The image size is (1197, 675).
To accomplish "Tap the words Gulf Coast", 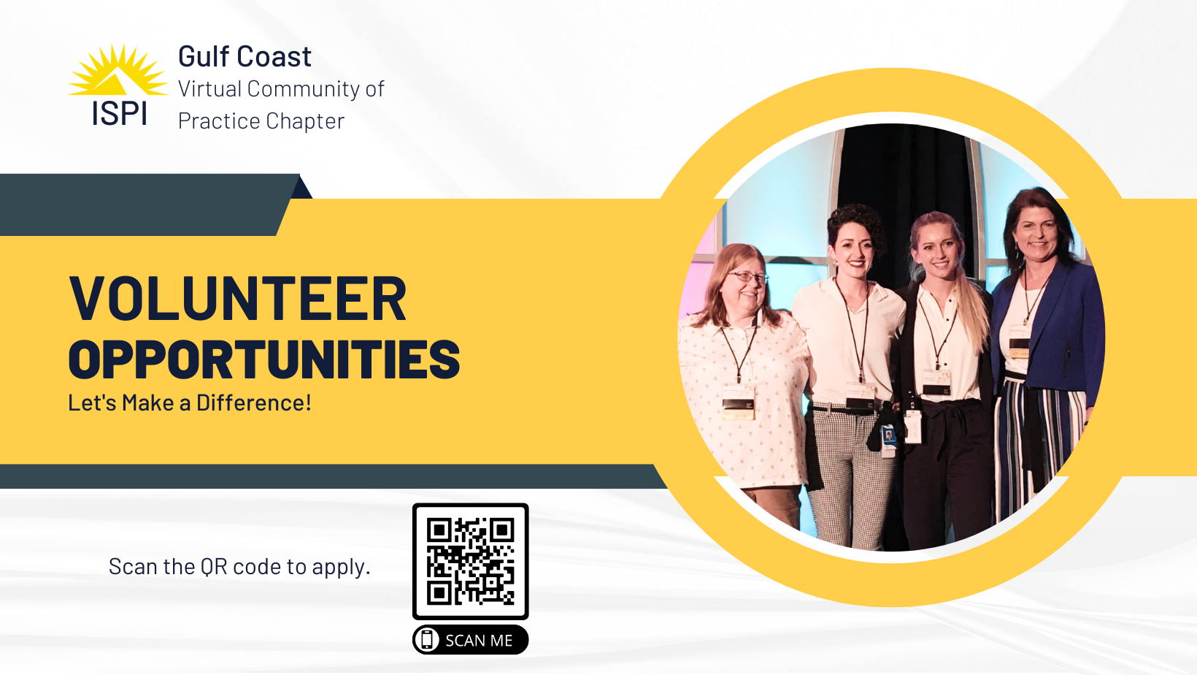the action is (245, 57).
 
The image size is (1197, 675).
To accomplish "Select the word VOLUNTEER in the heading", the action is (238, 299).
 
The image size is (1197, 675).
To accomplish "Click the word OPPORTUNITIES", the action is (264, 359).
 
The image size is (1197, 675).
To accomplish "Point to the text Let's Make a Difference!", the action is (190, 403).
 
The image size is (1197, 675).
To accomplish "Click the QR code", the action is (470, 561).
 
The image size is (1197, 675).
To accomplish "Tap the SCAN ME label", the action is (479, 640).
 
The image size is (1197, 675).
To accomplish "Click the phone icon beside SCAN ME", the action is (426, 640).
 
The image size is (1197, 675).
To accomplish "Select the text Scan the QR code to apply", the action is (239, 567).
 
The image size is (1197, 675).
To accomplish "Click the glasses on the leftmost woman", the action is (749, 277).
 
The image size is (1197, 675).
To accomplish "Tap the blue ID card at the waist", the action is (889, 436).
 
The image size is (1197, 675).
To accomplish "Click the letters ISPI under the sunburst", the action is (119, 113).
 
